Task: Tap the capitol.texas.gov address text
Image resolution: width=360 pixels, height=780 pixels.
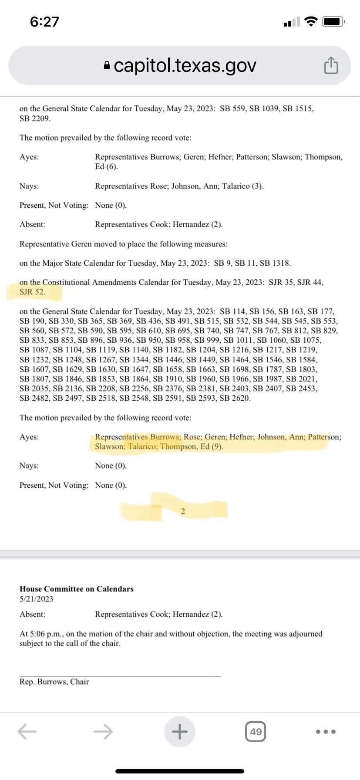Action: click(185, 65)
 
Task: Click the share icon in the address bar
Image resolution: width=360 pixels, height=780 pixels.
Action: click(331, 65)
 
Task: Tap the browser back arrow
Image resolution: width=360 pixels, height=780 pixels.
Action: click(27, 731)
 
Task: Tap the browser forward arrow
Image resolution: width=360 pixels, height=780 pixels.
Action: click(103, 731)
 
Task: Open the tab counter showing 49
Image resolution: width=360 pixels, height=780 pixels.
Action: click(256, 732)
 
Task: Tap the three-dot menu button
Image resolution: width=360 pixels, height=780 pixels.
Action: click(326, 732)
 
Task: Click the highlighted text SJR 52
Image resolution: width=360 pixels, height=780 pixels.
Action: click(32, 292)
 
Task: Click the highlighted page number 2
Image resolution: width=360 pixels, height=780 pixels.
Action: click(183, 511)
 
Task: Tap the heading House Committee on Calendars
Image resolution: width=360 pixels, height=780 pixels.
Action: click(77, 589)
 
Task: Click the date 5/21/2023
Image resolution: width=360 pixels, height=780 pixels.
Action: click(37, 599)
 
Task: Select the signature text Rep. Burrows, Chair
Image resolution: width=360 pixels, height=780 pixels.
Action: click(54, 682)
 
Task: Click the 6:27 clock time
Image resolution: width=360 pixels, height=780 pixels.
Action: click(44, 22)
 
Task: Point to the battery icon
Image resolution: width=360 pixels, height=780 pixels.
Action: click(333, 21)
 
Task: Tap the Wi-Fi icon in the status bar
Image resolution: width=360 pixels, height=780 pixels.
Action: click(311, 21)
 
